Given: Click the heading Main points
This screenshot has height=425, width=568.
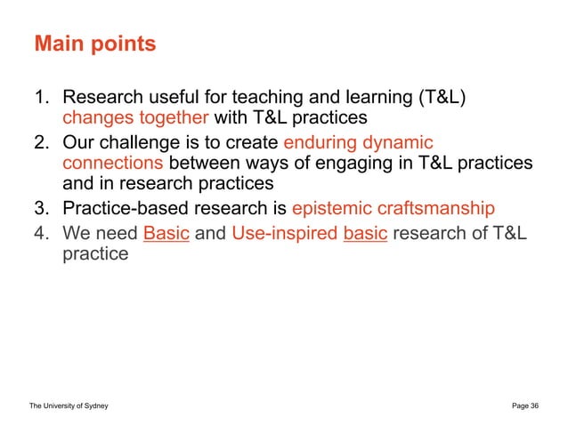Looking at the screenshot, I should point(94,44).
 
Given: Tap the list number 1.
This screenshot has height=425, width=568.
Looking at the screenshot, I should point(41,96).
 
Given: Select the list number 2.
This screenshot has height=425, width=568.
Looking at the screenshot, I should point(41,142).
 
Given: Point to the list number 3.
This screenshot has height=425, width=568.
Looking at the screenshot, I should point(41,210).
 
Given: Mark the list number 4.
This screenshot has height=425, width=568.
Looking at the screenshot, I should point(41,233).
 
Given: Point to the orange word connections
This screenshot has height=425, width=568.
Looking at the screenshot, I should point(113,164).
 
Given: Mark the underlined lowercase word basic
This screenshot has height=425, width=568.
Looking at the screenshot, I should point(364,233).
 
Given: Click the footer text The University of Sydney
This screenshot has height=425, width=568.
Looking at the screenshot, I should point(69,405).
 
